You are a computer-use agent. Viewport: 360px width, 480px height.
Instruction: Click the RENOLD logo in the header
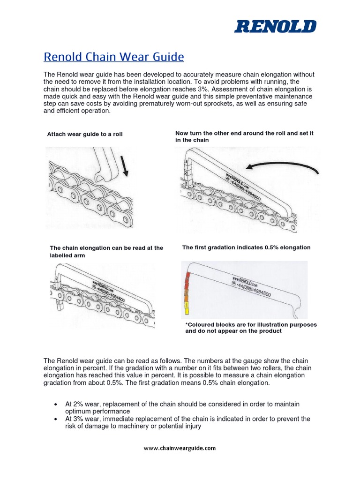(x=275, y=27)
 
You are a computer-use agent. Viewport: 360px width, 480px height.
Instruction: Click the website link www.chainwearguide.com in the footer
(x=180, y=448)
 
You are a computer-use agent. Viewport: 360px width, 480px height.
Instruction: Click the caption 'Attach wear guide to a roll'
(x=85, y=134)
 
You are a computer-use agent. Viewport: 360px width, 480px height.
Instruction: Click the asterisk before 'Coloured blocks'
(x=187, y=324)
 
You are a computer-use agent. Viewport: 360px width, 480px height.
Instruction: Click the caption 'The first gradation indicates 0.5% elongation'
(x=246, y=247)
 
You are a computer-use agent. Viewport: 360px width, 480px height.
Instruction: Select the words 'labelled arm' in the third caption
(x=67, y=256)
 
